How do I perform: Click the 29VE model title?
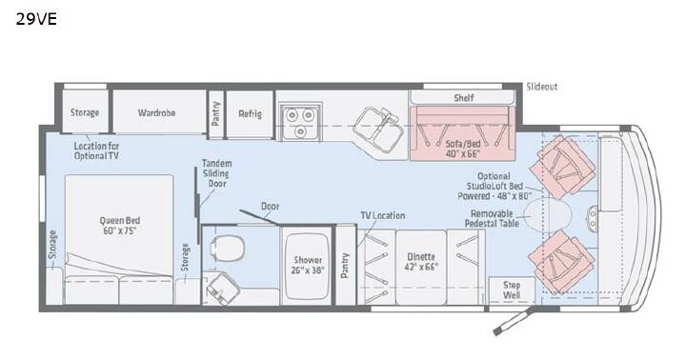click(36, 19)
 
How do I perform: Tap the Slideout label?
click(541, 87)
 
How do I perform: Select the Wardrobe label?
click(156, 112)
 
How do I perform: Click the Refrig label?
click(250, 114)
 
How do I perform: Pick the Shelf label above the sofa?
click(464, 97)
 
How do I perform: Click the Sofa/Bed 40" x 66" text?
click(463, 149)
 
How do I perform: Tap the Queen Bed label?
click(120, 226)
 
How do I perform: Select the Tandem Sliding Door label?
click(216, 173)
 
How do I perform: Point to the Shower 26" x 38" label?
click(308, 265)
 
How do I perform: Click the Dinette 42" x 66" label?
click(421, 262)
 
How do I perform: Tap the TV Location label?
click(382, 215)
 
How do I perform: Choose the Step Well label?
click(512, 290)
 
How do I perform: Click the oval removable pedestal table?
click(548, 214)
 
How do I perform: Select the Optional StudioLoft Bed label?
click(494, 186)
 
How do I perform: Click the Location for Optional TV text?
click(96, 150)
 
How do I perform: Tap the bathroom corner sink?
click(221, 289)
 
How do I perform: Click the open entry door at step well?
click(512, 322)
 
